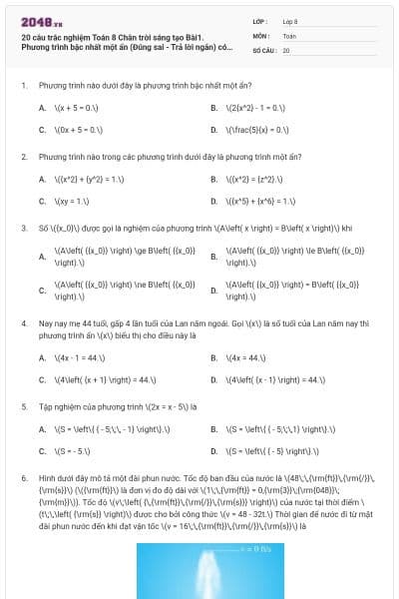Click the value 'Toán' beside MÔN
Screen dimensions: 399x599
tap(289, 35)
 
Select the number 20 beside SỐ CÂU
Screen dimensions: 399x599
tap(286, 49)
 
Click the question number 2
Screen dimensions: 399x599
tap(23, 157)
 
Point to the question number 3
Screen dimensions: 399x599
tap(23, 228)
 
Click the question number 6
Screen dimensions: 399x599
tap(23, 478)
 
